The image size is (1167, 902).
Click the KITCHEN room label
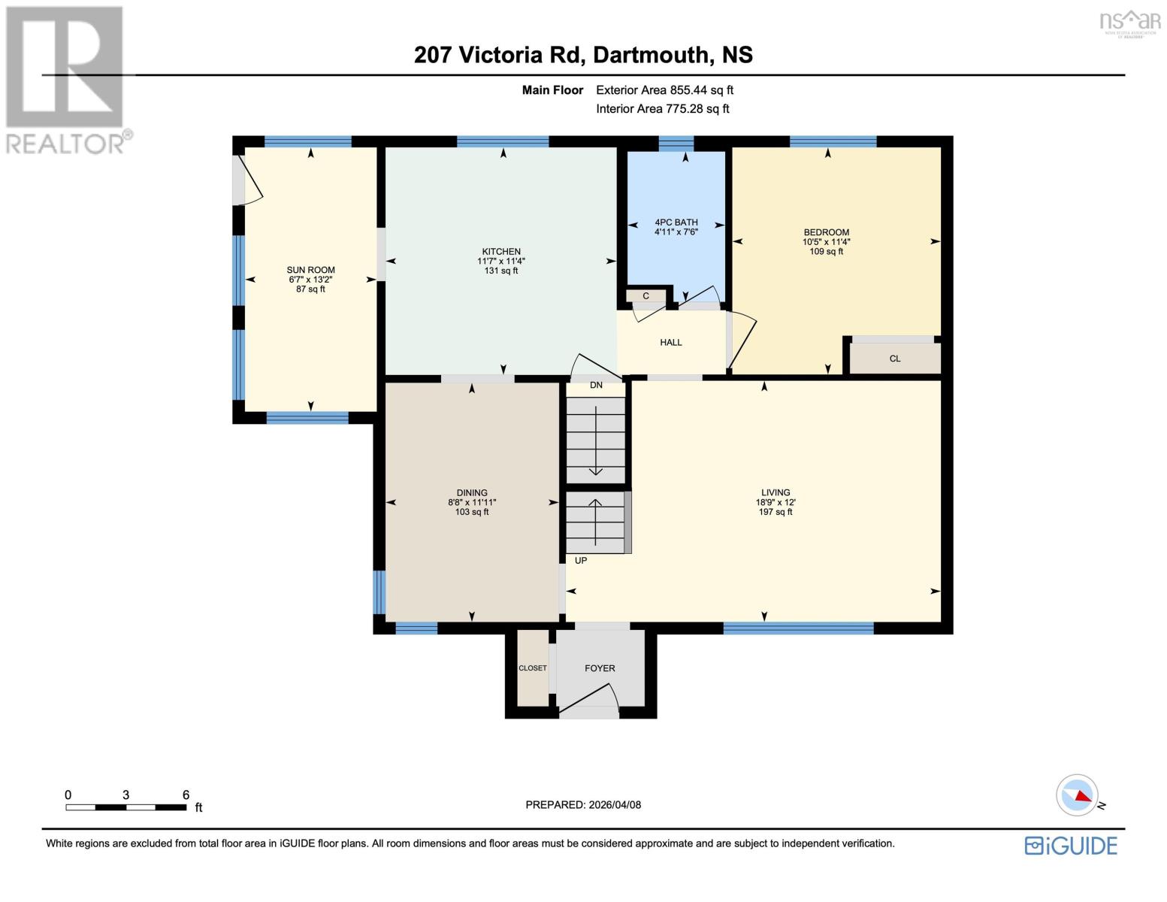(x=501, y=252)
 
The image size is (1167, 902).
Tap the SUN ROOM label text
(x=310, y=270)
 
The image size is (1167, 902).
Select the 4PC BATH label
(x=676, y=222)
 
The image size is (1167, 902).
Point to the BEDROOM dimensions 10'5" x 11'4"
(x=827, y=242)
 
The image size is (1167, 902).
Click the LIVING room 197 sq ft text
(x=775, y=512)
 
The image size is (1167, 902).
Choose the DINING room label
(x=472, y=493)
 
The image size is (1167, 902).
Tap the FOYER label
(x=600, y=668)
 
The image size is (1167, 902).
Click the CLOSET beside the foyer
(x=533, y=668)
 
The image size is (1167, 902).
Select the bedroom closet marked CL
(x=895, y=359)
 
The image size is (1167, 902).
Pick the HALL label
(x=671, y=342)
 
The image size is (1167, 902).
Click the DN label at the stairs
(x=596, y=386)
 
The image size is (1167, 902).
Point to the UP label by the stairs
(x=581, y=561)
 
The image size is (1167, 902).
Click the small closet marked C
(x=645, y=296)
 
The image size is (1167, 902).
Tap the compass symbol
(x=1077, y=795)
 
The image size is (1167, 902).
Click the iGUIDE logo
(x=1071, y=846)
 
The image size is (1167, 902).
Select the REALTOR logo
(x=66, y=79)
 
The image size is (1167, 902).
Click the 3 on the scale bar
(x=126, y=795)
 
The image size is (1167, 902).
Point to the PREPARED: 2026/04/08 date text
(x=583, y=805)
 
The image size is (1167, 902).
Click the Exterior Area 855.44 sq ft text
(x=664, y=90)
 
